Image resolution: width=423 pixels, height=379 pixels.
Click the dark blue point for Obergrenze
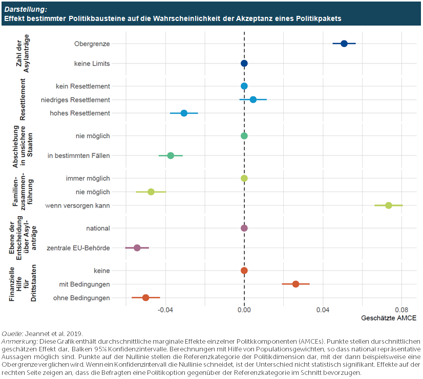344,43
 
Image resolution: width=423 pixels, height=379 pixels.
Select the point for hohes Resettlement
184,113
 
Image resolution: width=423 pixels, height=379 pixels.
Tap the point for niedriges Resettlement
253,100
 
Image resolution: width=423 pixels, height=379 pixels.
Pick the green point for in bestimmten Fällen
171,155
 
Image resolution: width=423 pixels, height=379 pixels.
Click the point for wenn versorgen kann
389,205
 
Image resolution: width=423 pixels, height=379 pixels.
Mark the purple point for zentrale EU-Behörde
137,248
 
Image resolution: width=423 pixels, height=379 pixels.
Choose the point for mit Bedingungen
295,284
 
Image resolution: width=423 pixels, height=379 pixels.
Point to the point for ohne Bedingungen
145,298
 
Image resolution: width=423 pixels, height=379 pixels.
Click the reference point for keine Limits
244,63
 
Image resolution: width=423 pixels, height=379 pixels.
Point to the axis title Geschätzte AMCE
389,318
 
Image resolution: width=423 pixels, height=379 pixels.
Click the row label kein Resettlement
82,86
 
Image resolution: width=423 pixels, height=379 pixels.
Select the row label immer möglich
88,178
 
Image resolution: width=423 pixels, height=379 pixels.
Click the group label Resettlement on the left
23,99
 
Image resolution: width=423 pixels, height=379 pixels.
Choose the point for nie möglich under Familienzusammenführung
151,192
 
